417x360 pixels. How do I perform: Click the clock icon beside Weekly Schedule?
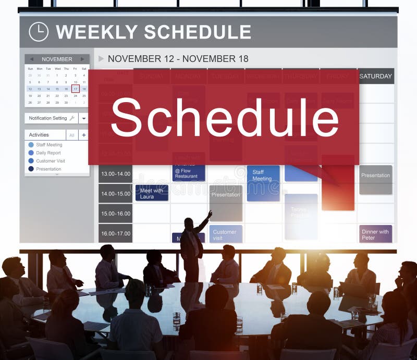click(38, 32)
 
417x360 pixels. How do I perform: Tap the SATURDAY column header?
click(375, 76)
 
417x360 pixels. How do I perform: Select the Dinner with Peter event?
click(375, 234)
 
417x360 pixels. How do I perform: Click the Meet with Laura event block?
click(152, 193)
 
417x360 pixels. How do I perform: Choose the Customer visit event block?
click(226, 234)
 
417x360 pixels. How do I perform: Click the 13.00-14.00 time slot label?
click(115, 173)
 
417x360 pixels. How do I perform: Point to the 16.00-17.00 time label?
click(115, 233)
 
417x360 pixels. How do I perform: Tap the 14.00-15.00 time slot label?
click(115, 193)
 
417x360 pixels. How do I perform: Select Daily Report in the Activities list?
click(48, 153)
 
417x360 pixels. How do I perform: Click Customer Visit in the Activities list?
click(50, 161)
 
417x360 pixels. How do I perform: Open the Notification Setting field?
click(52, 118)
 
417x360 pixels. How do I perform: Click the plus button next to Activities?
click(83, 135)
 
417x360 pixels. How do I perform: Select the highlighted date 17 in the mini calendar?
click(75, 89)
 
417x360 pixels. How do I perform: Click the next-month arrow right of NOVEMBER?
click(82, 59)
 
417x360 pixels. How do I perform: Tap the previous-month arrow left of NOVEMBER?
click(31, 59)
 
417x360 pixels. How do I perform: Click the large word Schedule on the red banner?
click(224, 118)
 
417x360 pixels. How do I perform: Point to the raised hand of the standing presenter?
click(210, 213)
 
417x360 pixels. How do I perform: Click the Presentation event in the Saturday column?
click(375, 176)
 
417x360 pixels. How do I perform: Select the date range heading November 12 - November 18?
click(178, 59)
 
